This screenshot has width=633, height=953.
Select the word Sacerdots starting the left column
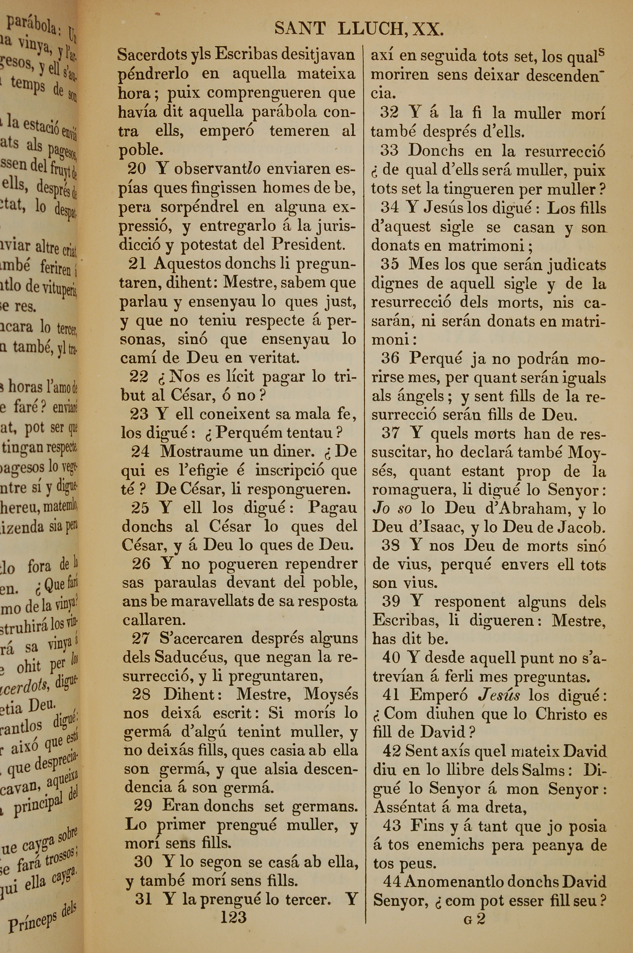click(153, 54)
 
